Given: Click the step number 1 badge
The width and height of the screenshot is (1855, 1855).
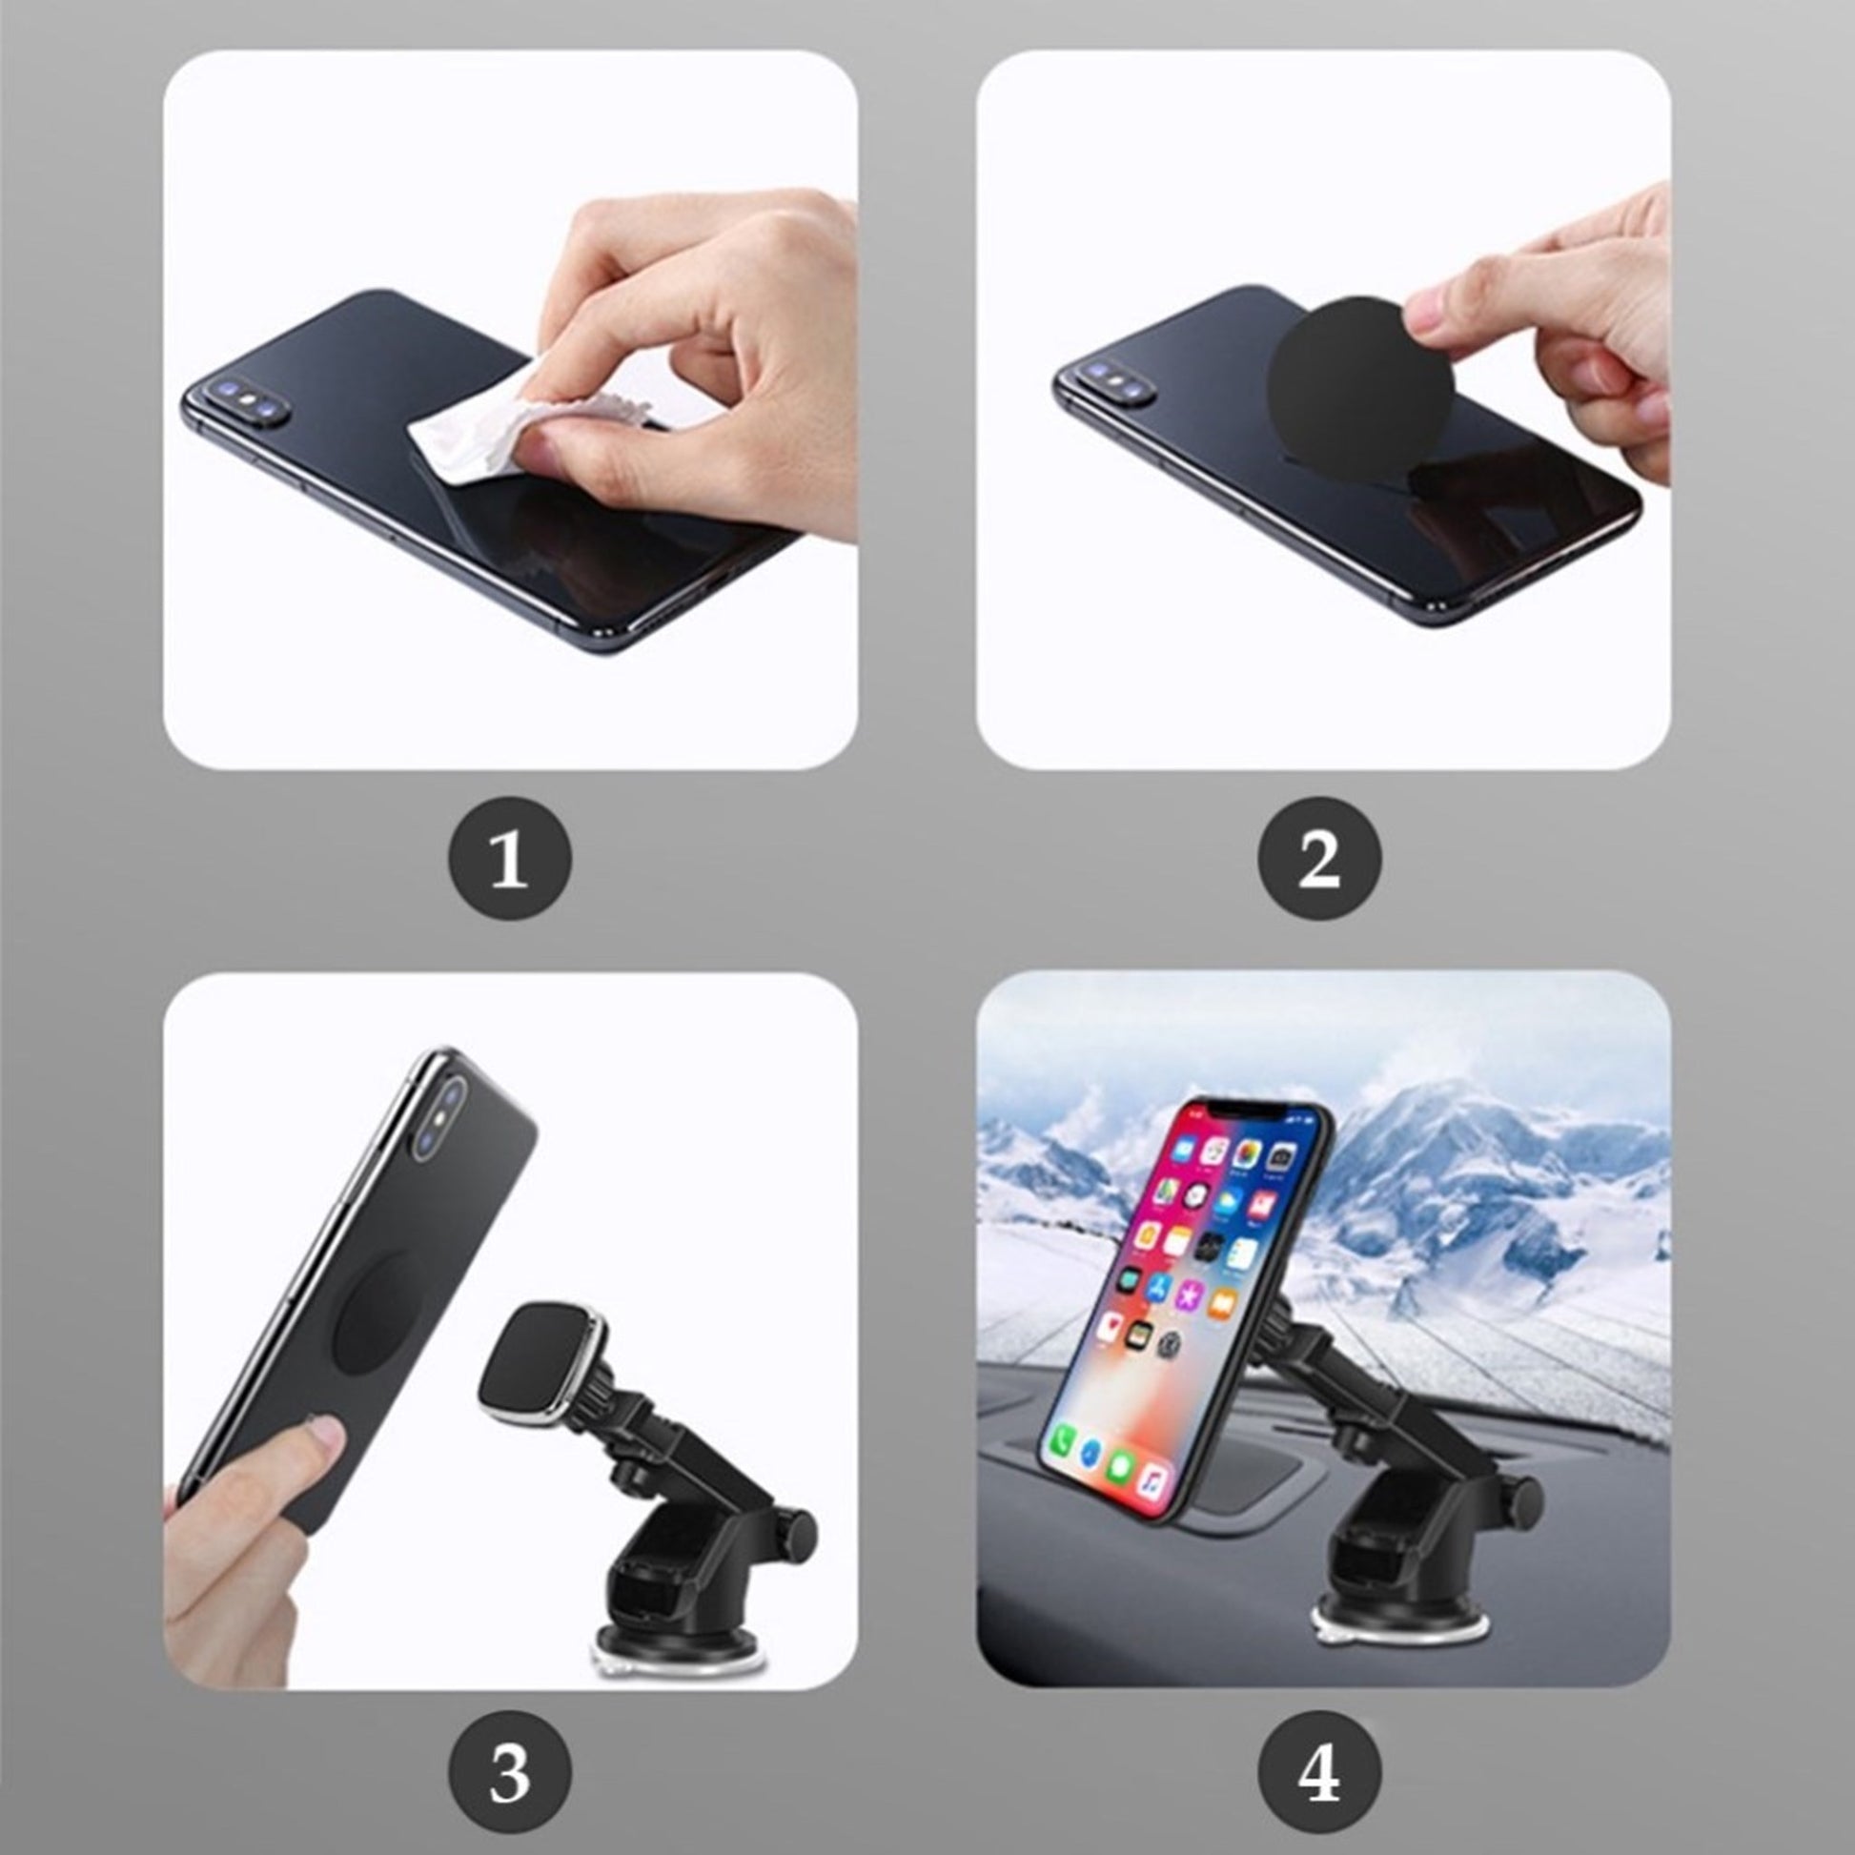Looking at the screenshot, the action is coord(510,857).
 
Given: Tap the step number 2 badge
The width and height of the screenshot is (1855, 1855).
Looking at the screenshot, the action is coord(1320,857).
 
